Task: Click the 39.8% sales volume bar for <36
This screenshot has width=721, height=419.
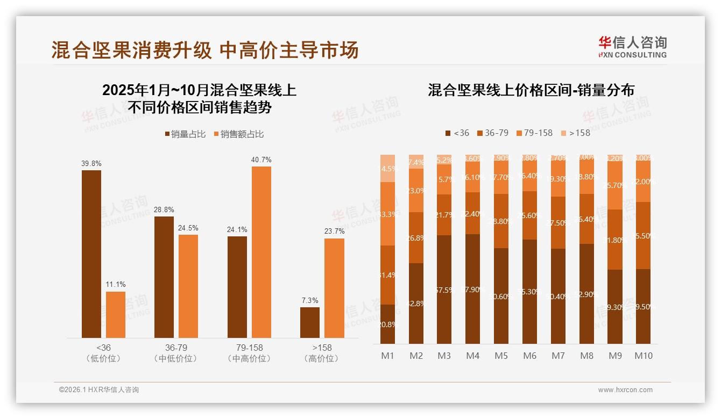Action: (91, 254)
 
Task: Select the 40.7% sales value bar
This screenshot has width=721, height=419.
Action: (261, 252)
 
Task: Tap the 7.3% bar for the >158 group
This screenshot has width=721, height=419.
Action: (309, 322)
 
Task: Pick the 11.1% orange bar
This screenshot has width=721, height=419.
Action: (115, 315)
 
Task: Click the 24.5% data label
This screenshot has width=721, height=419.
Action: (188, 228)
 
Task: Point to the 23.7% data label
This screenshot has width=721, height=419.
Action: (334, 232)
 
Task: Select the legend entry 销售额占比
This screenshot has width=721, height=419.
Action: (239, 134)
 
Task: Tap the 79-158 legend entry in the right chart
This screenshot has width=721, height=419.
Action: (534, 133)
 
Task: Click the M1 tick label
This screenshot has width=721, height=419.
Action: (387, 356)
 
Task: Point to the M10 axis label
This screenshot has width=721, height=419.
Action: (643, 356)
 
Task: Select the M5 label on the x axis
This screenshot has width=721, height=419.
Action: (501, 356)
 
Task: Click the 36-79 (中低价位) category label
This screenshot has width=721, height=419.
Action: (175, 353)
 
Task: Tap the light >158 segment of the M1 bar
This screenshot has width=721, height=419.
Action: (387, 168)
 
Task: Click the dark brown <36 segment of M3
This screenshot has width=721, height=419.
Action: (444, 289)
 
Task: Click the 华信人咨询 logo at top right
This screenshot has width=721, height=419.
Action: (632, 47)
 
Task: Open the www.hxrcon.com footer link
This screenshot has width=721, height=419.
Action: (625, 390)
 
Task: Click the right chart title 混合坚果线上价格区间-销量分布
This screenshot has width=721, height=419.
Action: (531, 90)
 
